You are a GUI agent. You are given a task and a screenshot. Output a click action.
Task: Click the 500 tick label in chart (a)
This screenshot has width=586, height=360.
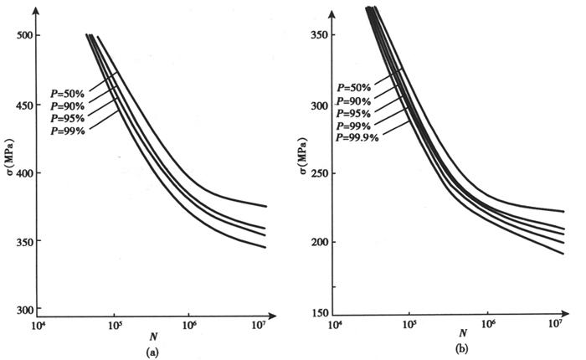27,36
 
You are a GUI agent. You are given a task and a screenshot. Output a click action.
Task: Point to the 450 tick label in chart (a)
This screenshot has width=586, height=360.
27,105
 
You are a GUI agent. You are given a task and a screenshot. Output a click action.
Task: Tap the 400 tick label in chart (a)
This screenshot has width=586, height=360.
27,173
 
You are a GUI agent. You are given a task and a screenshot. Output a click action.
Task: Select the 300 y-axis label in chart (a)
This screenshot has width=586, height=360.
27,310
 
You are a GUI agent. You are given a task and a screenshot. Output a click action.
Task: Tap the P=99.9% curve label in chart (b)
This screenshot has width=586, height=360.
357,137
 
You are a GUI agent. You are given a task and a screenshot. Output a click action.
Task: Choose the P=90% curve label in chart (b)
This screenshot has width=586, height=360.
355,100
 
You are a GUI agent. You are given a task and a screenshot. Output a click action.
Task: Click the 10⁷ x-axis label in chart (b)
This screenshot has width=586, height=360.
555,323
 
